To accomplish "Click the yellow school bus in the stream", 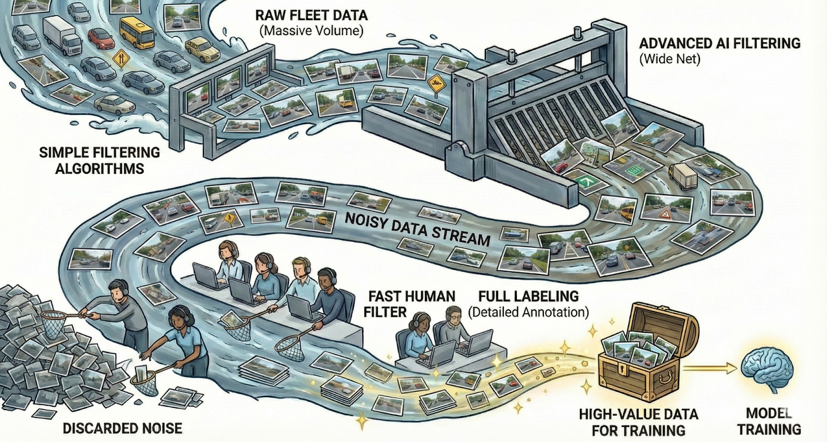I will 137,32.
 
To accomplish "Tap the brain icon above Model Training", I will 767,368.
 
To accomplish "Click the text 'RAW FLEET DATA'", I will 311,14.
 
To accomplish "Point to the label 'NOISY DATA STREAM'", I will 417,228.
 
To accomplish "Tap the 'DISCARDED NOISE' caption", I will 122,428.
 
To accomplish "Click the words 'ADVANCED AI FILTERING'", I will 719,43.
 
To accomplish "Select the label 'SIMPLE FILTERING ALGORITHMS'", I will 99,160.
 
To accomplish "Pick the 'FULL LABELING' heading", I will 528,296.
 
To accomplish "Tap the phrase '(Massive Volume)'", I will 311,31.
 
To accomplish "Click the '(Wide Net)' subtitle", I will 670,58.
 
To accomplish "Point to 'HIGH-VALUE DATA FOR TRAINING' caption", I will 638,422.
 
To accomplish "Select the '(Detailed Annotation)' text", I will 528,312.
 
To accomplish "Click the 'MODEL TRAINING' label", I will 769,421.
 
